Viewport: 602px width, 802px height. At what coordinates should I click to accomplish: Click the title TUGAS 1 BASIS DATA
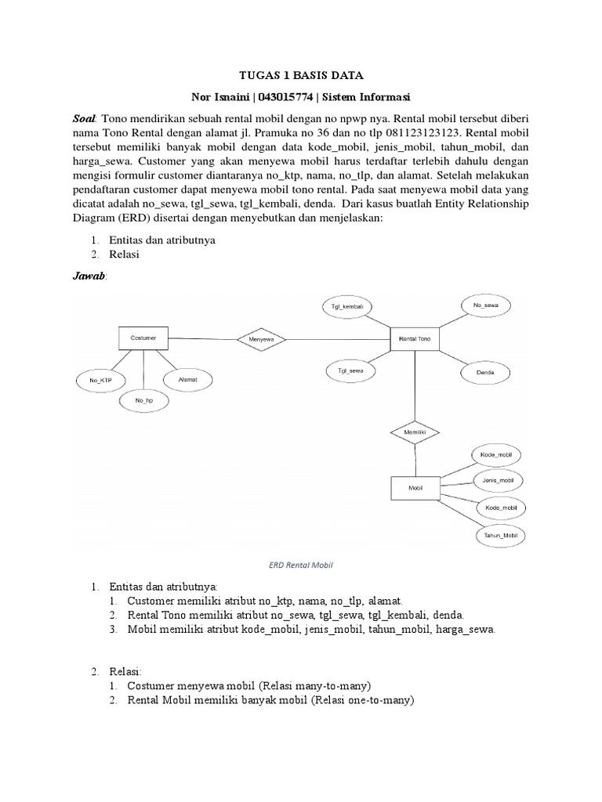pyautogui.click(x=302, y=76)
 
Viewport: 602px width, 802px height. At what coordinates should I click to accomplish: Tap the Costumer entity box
pyautogui.click(x=143, y=338)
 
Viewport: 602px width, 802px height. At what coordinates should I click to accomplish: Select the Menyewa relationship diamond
pyautogui.click(x=262, y=339)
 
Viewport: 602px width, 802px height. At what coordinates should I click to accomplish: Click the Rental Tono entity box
pyautogui.click(x=415, y=339)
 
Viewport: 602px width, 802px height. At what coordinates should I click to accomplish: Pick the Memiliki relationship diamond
pyautogui.click(x=415, y=432)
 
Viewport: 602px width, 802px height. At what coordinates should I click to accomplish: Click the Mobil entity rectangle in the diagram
pyautogui.click(x=415, y=488)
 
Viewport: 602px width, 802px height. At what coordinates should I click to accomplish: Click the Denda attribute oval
pyautogui.click(x=485, y=373)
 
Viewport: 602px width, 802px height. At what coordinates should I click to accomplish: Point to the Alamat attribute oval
pyautogui.click(x=188, y=379)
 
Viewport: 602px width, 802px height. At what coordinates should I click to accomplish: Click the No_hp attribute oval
pyautogui.click(x=143, y=400)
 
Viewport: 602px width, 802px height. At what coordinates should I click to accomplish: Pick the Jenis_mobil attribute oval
pyautogui.click(x=499, y=479)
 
